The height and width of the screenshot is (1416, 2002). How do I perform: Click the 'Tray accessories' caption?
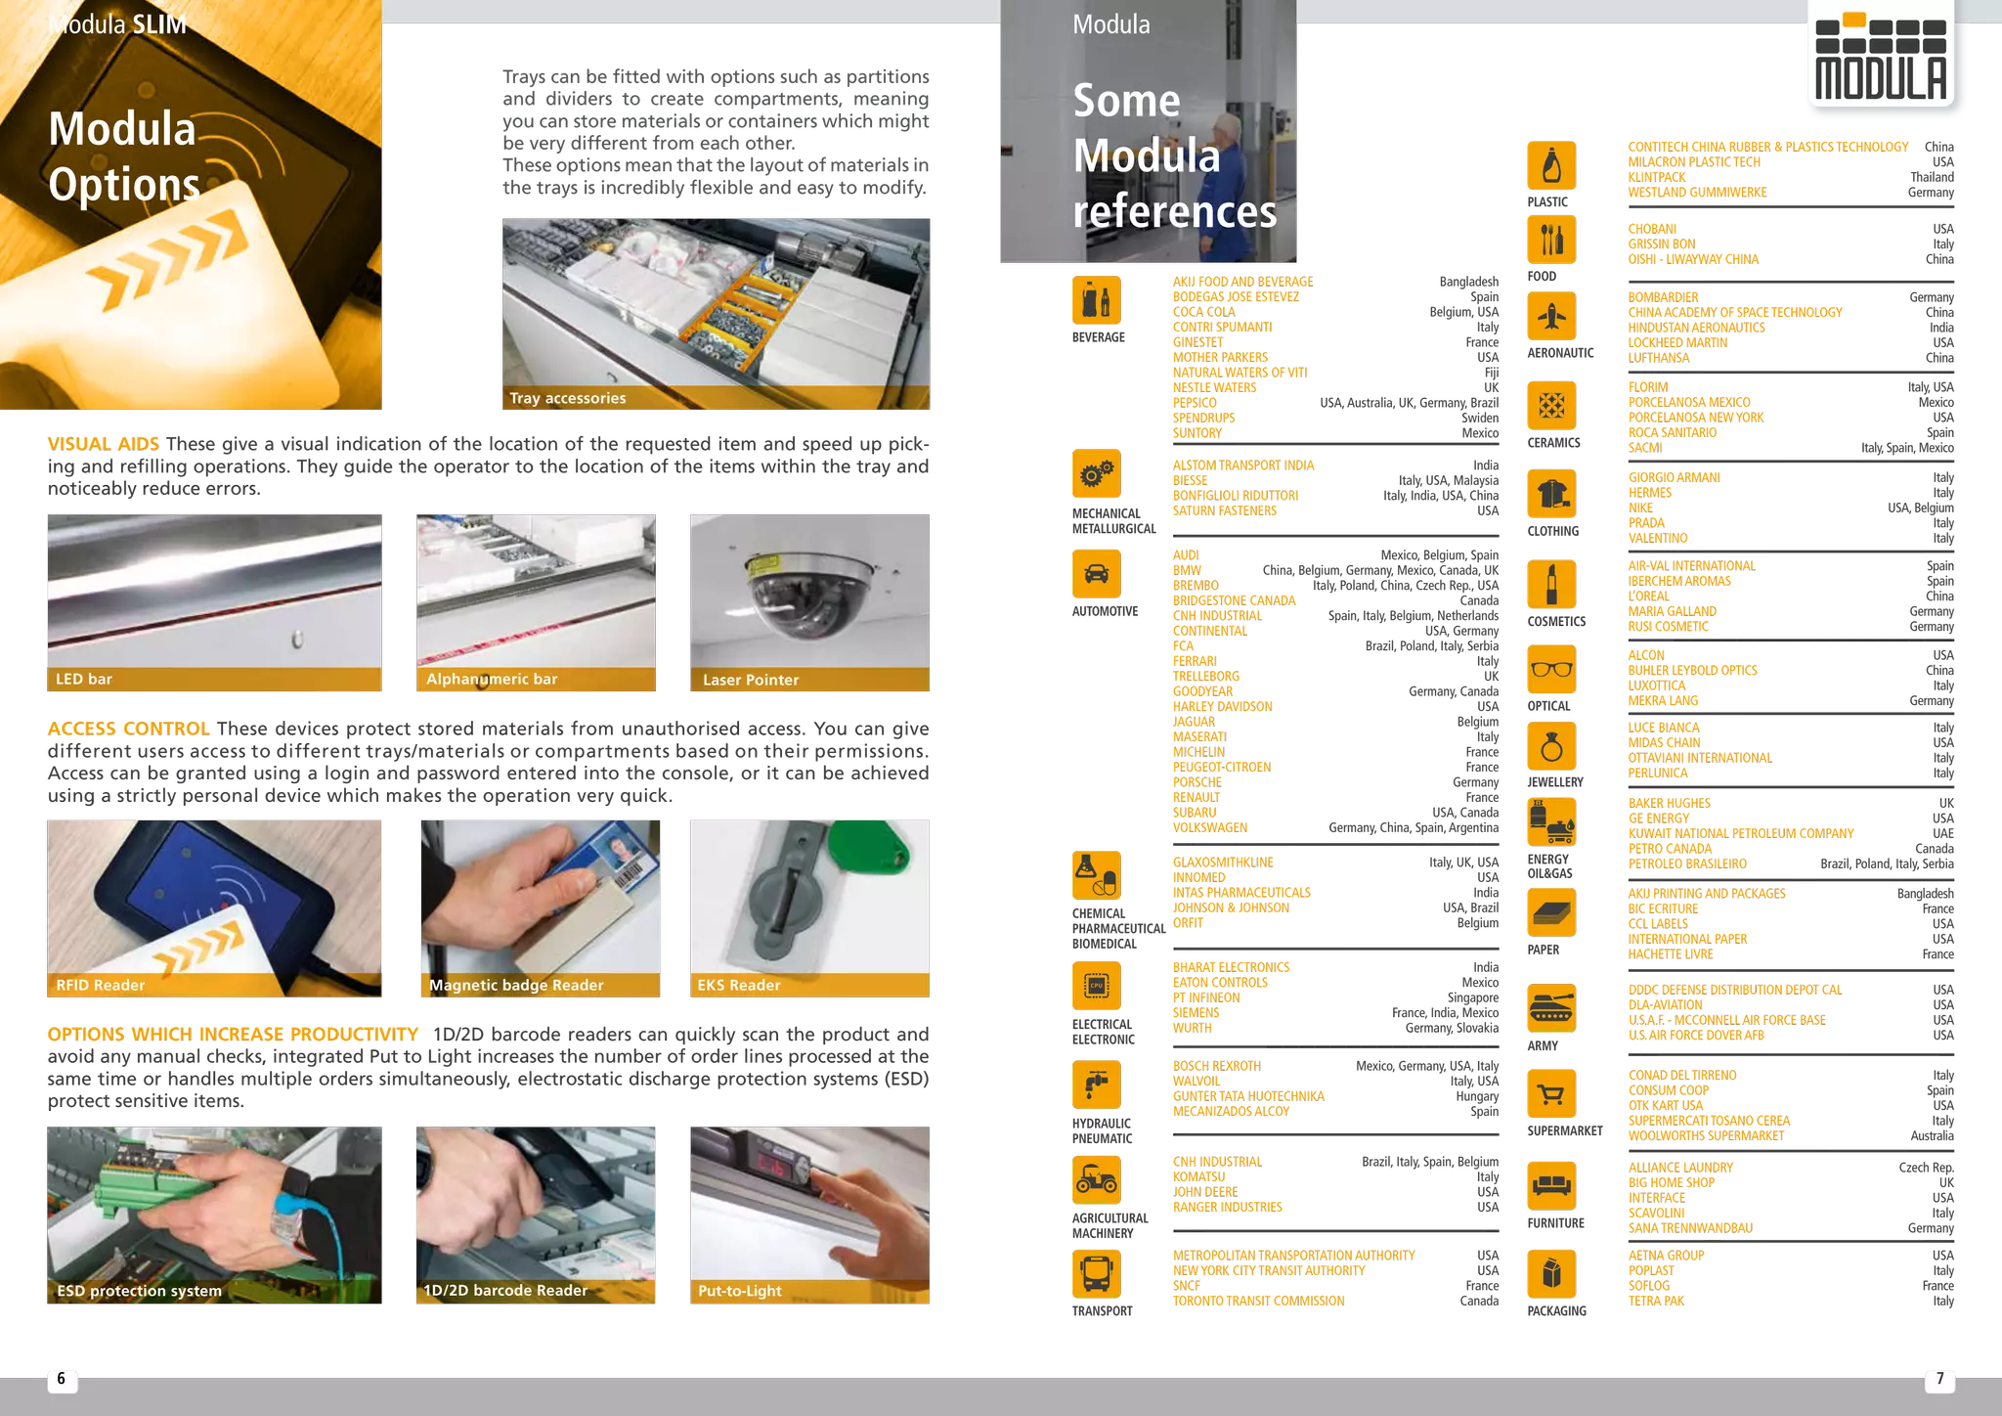pyautogui.click(x=567, y=398)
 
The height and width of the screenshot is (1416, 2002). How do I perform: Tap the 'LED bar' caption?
pyautogui.click(x=84, y=679)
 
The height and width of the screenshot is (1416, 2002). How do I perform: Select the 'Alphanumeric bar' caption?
pyautogui.click(x=492, y=679)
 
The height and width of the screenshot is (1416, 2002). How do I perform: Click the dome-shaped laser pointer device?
pyautogui.click(x=809, y=592)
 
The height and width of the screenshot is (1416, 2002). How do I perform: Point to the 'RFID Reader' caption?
pyautogui.click(x=101, y=985)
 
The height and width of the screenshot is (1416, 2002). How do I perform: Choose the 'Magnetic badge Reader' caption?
pyautogui.click(x=516, y=985)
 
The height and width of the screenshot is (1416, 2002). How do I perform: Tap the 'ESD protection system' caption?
pyautogui.click(x=139, y=1291)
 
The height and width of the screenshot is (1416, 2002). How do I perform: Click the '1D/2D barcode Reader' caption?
pyautogui.click(x=505, y=1290)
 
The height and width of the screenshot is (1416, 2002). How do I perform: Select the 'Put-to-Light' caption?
pyautogui.click(x=740, y=1291)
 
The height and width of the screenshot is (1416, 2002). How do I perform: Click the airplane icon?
pyautogui.click(x=1551, y=317)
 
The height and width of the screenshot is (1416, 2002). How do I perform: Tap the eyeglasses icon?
pyautogui.click(x=1551, y=669)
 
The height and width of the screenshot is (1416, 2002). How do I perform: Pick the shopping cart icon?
pyautogui.click(x=1551, y=1094)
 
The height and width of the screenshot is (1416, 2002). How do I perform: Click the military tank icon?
pyautogui.click(x=1551, y=1008)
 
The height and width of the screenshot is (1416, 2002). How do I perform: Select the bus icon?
pyautogui.click(x=1096, y=1273)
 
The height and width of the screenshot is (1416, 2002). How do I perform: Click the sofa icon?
pyautogui.click(x=1551, y=1185)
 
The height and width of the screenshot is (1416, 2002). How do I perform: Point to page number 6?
pyautogui.click(x=62, y=1379)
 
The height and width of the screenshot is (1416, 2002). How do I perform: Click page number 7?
pyautogui.click(x=1939, y=1379)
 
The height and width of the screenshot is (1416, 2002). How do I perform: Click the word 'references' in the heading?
pyautogui.click(x=1174, y=211)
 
